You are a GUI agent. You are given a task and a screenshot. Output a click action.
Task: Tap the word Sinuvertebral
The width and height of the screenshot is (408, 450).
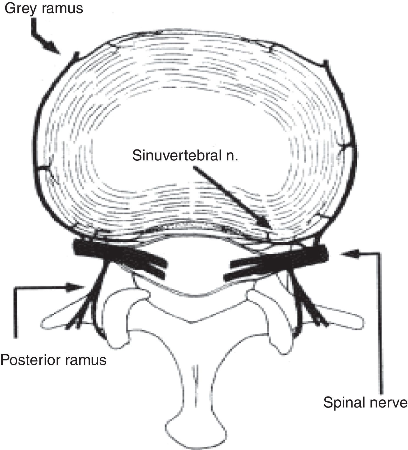click(176, 155)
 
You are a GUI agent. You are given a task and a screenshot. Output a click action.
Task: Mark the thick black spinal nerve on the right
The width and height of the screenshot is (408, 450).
click(302, 255)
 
